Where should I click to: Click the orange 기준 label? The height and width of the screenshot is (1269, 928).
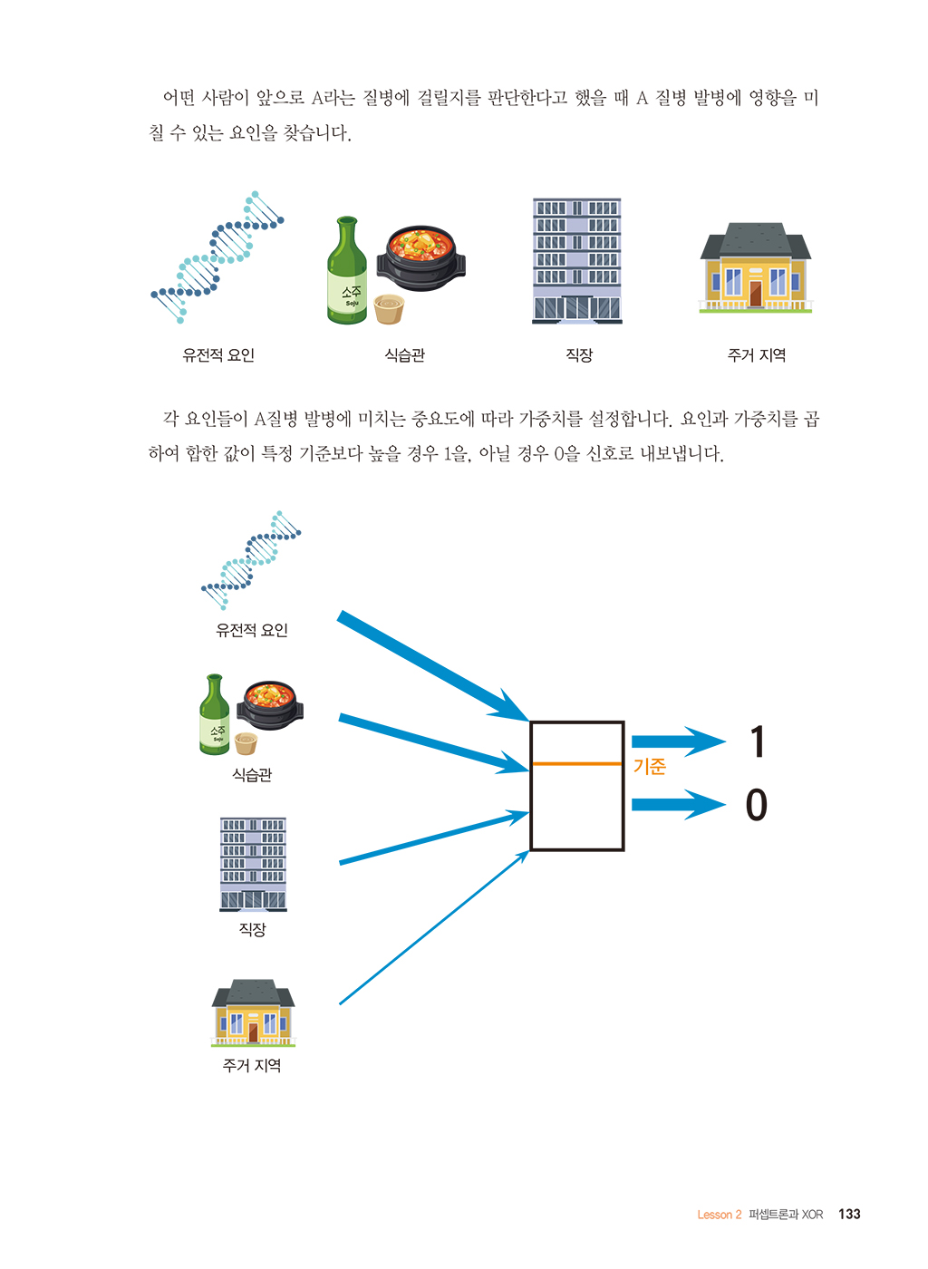[649, 767]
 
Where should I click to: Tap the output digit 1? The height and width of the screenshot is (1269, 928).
[758, 741]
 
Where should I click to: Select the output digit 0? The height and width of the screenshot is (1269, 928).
[757, 805]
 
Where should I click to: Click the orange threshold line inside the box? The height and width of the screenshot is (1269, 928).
[576, 763]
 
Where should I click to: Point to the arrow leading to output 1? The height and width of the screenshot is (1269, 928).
[679, 741]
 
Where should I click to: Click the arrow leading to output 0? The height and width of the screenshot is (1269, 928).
[679, 805]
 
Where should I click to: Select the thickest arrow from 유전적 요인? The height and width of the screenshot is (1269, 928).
[433, 666]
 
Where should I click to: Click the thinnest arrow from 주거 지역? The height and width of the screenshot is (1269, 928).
[434, 927]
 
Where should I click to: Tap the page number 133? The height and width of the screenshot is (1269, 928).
[849, 1214]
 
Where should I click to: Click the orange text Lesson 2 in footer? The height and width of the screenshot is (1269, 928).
[719, 1215]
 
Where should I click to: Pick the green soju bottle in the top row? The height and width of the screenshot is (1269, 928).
[347, 270]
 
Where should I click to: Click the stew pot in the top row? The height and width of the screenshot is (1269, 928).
[420, 257]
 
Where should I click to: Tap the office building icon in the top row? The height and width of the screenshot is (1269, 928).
[576, 261]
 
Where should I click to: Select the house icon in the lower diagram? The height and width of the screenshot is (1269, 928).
[253, 1012]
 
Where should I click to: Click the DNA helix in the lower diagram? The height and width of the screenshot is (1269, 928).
[251, 560]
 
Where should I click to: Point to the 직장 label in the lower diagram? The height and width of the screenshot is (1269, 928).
[252, 929]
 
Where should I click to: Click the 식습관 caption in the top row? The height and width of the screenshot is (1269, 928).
[404, 355]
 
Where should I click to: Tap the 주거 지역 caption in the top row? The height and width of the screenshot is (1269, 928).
[757, 355]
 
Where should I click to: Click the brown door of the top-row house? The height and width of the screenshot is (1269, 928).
[755, 294]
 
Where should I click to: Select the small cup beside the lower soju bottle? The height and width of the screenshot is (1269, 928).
[246, 743]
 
